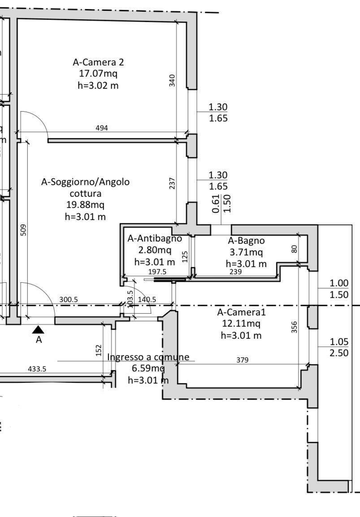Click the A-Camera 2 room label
point(98,62)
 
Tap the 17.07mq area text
point(98,73)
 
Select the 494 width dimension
point(102,128)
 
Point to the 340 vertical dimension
point(173,81)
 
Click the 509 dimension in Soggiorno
point(24,230)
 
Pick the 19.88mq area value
point(85,206)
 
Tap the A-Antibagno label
point(155,239)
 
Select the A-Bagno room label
point(246,241)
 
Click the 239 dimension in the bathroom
point(235,272)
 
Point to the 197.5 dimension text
point(157,272)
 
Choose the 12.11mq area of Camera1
point(241,323)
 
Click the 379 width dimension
point(243,360)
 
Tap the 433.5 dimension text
point(37,370)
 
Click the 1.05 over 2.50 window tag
point(338,347)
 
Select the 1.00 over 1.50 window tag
point(338,289)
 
